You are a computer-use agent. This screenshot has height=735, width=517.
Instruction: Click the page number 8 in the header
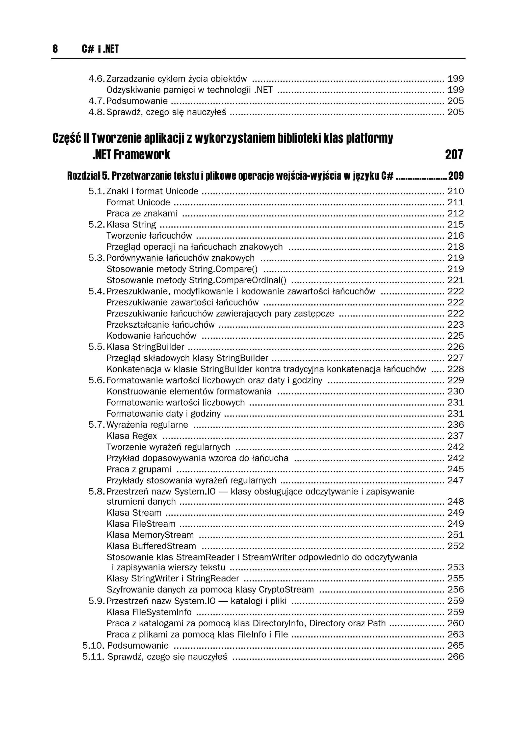point(55,49)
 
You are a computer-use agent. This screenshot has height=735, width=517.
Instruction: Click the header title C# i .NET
point(100,49)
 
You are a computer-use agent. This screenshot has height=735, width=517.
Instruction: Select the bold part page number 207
point(454,155)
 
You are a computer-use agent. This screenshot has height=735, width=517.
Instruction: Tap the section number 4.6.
point(96,79)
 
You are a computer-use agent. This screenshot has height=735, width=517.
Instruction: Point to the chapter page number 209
point(456,176)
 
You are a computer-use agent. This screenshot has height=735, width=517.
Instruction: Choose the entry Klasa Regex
point(132,436)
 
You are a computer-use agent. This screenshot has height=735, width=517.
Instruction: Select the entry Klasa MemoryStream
point(150,535)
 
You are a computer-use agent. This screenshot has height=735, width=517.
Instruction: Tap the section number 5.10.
point(93,645)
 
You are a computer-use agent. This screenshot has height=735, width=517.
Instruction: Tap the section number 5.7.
point(96,425)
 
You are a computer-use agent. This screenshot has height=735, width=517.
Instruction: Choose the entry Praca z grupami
point(139,469)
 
